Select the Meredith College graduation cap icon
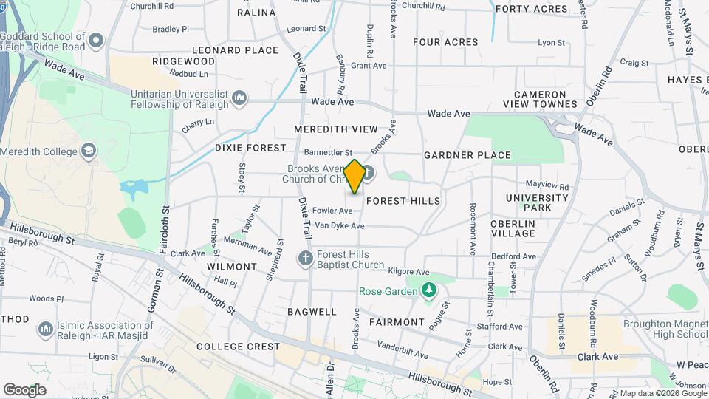(x=89, y=151)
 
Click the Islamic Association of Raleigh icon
(x=46, y=327)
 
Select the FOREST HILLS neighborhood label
(x=403, y=201)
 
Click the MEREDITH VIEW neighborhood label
(x=335, y=129)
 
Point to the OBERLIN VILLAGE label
(x=513, y=228)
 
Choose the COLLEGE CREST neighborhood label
(x=238, y=347)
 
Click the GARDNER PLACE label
(x=467, y=155)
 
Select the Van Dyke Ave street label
(x=340, y=225)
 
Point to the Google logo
(x=24, y=390)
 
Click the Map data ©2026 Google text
(x=661, y=393)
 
